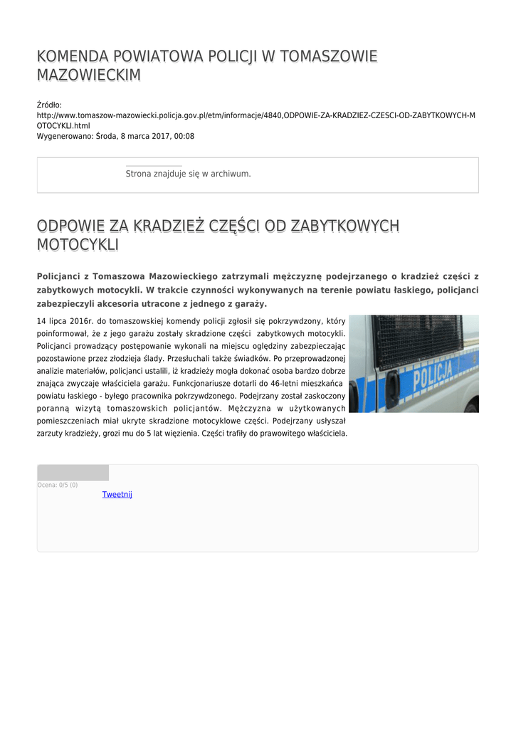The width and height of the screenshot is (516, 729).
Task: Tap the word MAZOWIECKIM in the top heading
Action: click(89, 75)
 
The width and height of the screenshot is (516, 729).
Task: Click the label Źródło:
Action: click(49, 105)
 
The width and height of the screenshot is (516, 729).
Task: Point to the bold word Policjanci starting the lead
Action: click(61, 276)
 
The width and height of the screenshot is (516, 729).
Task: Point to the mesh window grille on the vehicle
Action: click(417, 340)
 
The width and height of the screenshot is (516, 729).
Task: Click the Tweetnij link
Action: click(117, 495)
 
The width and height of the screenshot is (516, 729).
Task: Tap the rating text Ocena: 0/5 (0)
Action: click(58, 485)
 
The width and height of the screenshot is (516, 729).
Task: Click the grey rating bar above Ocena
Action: click(73, 473)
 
